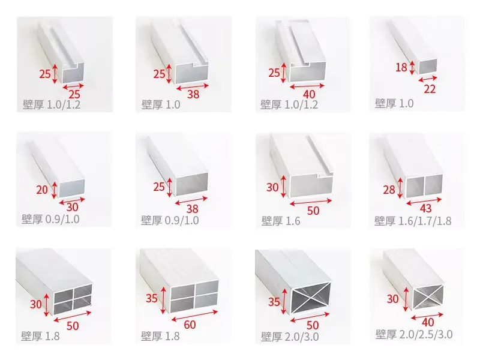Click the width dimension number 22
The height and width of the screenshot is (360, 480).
point(430,89)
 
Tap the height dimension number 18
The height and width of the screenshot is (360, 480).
point(401,67)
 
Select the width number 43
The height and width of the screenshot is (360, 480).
point(425,208)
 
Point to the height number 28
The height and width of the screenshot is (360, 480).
point(389,190)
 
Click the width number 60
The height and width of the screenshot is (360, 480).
point(190,325)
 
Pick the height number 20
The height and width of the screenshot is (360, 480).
point(42,190)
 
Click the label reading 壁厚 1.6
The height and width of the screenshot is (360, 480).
point(281,221)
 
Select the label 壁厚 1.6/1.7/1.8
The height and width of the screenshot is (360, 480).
point(413,221)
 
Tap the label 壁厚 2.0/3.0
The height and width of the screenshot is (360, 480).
point(290,337)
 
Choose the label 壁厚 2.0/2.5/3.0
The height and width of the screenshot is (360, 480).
point(414,334)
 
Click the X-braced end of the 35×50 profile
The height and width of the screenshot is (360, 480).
point(310,298)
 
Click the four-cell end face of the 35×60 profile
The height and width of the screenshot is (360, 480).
point(193,298)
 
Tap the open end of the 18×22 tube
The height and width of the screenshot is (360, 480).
point(427,67)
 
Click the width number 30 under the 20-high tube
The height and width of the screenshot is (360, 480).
point(72,207)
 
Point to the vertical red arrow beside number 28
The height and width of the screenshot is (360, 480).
point(400,189)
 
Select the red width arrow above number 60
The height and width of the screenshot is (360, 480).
point(194,316)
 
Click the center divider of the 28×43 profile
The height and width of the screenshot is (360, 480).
point(424,187)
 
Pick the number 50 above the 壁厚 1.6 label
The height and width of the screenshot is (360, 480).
point(313,211)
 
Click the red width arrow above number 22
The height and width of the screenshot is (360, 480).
point(428,79)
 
